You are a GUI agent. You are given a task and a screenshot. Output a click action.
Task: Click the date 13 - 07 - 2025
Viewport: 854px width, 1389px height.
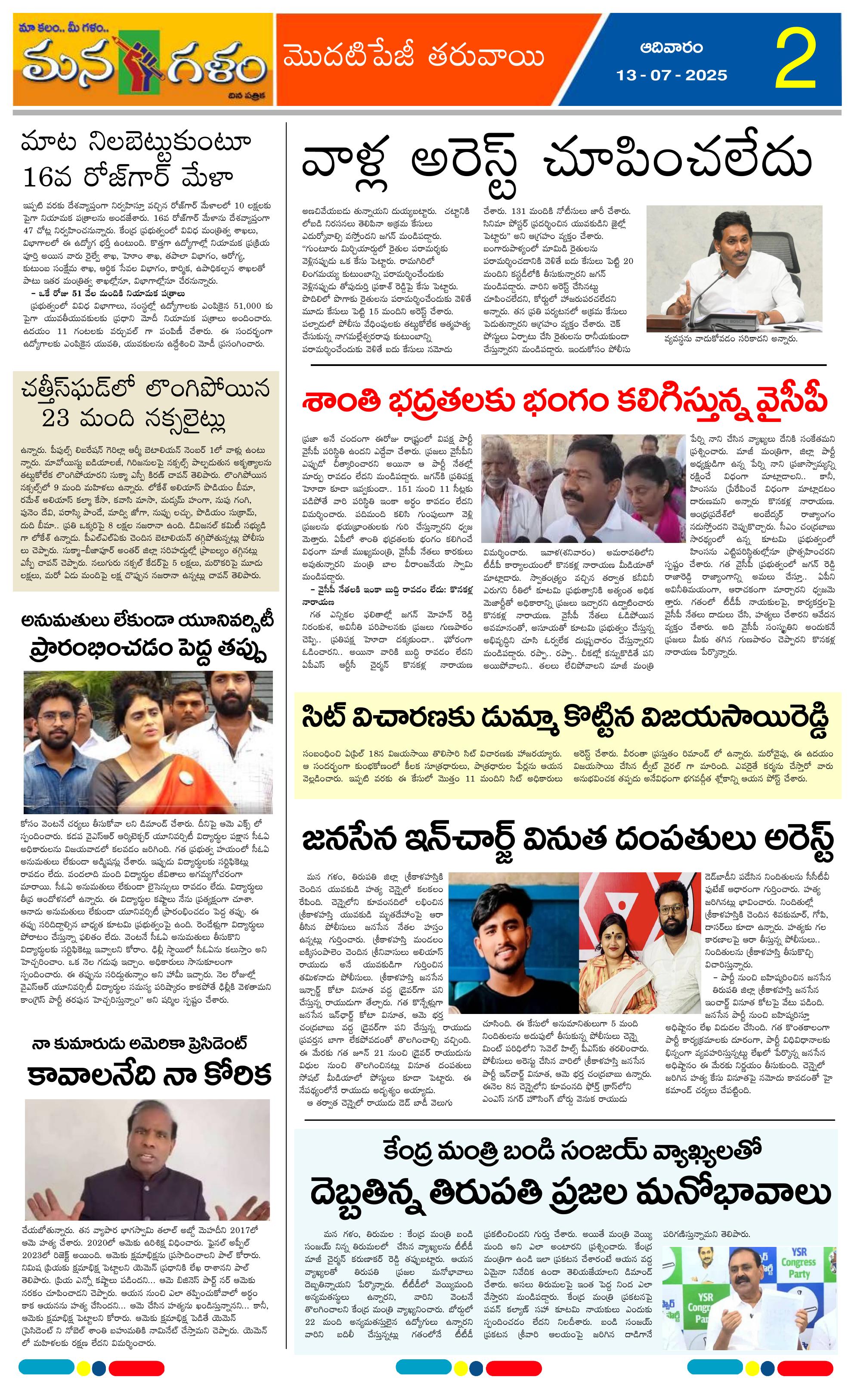(x=672, y=75)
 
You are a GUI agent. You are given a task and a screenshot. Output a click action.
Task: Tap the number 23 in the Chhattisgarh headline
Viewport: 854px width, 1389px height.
(x=56, y=419)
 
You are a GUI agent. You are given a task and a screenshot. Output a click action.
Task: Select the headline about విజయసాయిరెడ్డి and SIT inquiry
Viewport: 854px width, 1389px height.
(x=565, y=718)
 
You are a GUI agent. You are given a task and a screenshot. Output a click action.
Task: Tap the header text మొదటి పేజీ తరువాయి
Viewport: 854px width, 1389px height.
(x=414, y=58)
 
